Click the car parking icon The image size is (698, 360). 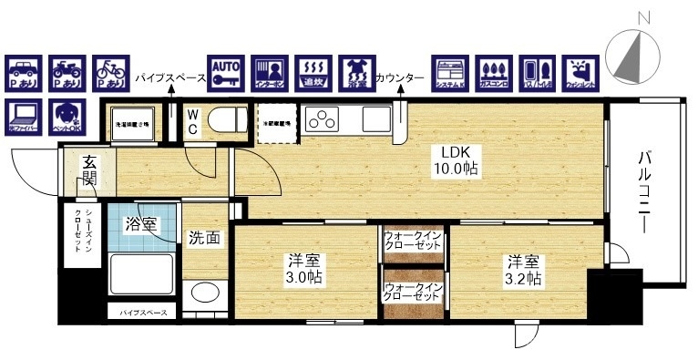click(23, 73)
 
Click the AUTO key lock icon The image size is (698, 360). click(225, 73)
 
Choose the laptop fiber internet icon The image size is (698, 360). click(23, 116)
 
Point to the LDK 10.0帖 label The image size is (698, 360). click(456, 159)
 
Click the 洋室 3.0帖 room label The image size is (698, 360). click(304, 269)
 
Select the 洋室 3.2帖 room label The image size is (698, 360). click(525, 269)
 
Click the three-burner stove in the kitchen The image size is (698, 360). click(323, 119)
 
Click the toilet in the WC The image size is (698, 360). click(222, 119)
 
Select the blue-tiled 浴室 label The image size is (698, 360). click(141, 223)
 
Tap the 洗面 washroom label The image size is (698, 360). click(204, 239)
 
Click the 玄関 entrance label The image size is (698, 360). click(89, 170)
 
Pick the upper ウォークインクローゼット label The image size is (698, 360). click(413, 242)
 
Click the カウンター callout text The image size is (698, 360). click(399, 78)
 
